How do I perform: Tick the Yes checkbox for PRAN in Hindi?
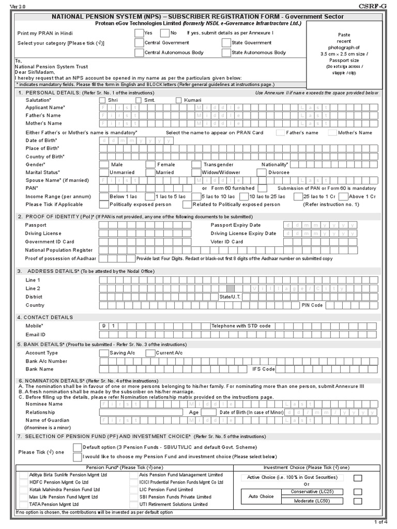click(139, 33)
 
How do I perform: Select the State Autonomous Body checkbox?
click(226, 52)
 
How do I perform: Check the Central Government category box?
click(139, 42)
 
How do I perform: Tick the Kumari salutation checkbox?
click(179, 100)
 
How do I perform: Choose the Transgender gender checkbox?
click(196, 164)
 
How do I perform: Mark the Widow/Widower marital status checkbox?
click(196, 172)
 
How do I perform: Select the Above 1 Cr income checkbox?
click(343, 196)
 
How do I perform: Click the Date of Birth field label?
click(41, 141)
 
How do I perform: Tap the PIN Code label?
click(312, 305)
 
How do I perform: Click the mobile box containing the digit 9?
click(103, 326)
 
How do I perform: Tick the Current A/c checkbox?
click(150, 353)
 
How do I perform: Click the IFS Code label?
click(264, 369)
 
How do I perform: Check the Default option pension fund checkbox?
click(78, 447)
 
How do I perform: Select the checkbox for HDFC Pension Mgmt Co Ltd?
click(23, 482)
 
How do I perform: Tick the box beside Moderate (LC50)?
click(358, 501)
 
